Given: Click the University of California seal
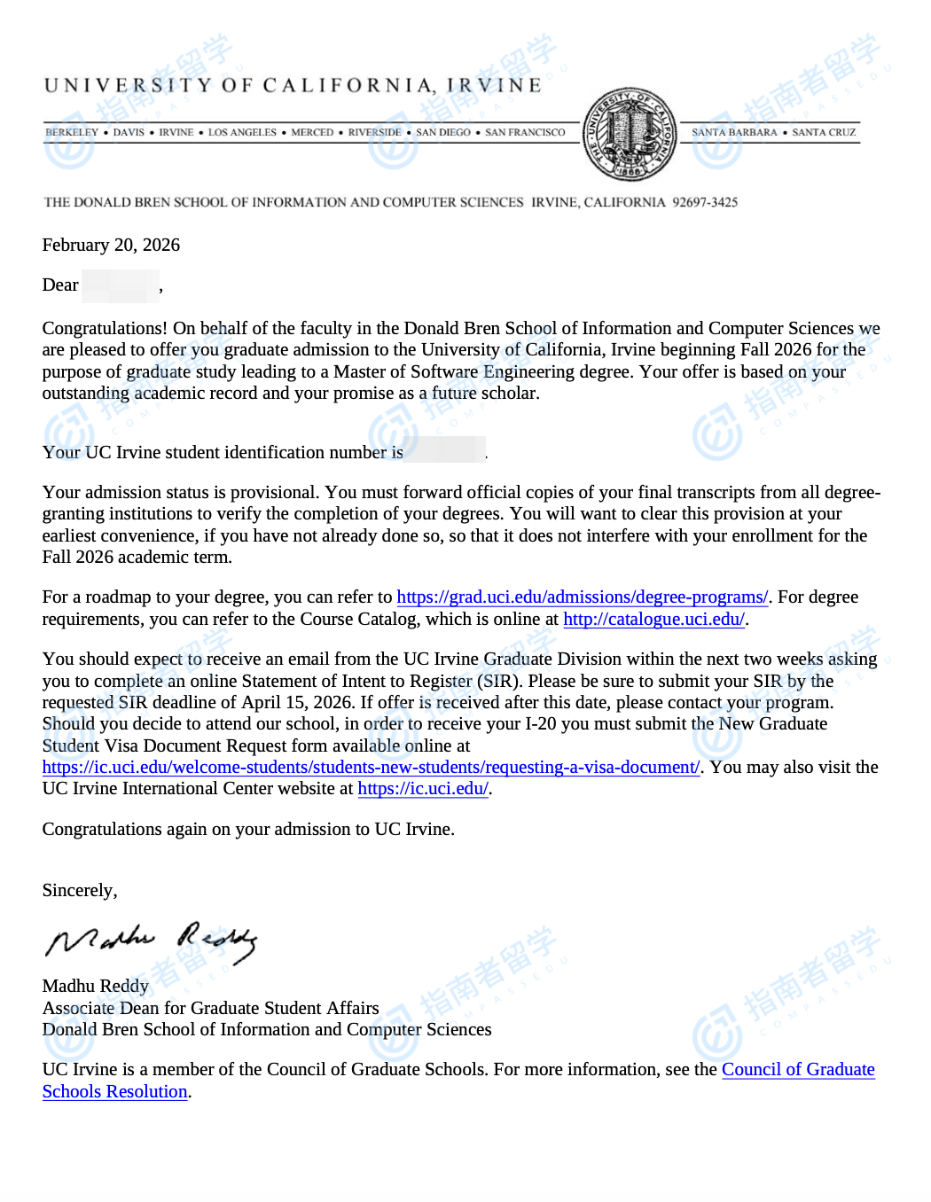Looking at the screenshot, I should pos(630,134).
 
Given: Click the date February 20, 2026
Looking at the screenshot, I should pos(111,245).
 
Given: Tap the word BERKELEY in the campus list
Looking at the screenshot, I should pos(72,132).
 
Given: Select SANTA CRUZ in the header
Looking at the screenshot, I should pos(824,132).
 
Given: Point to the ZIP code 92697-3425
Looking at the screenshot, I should pos(705,202).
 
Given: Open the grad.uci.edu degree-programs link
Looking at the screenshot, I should pos(582,597).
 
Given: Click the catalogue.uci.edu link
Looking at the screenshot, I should pos(653,619).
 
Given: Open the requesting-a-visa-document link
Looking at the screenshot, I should pos(371,767).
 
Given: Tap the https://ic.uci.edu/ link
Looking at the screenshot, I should pos(423,788).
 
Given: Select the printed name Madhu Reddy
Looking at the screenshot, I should pos(96,986).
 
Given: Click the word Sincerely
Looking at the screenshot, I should pos(79,890).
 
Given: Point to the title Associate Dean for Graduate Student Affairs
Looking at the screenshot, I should pos(210,1008).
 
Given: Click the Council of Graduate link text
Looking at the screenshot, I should pos(798,1069).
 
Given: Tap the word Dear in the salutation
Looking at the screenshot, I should pos(60,285).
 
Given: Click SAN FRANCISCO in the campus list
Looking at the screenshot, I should pos(525,132).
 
